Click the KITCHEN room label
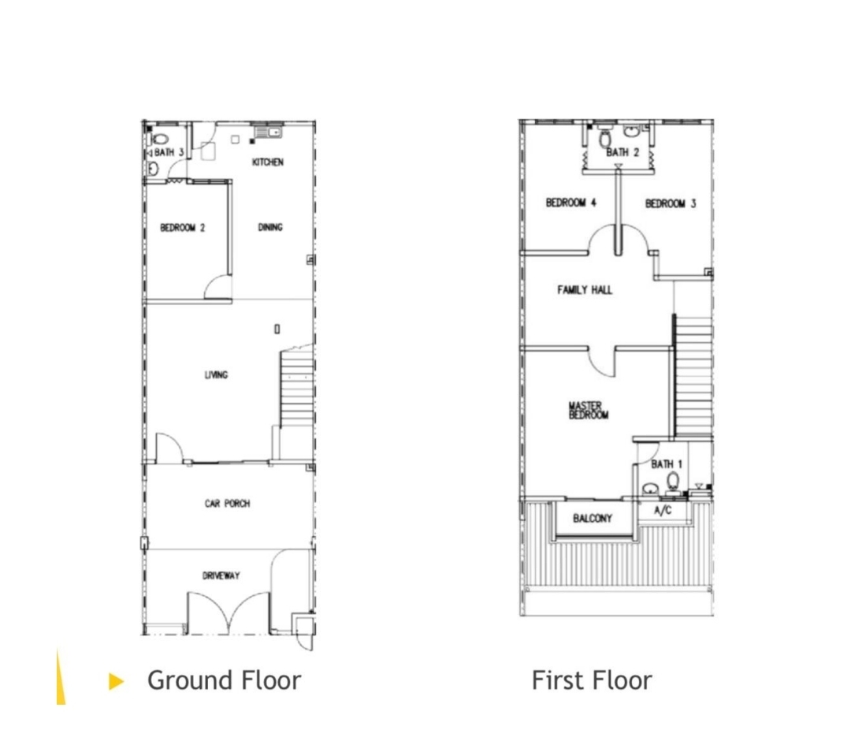click(x=268, y=162)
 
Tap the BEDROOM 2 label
click(x=182, y=228)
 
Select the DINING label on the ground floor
click(x=269, y=227)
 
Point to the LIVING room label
click(x=216, y=374)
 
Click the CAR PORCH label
click(x=228, y=504)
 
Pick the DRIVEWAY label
click(x=221, y=575)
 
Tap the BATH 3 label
click(x=169, y=153)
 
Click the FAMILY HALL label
click(x=585, y=290)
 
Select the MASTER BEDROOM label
click(x=589, y=411)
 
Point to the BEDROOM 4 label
click(x=571, y=203)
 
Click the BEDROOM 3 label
click(x=671, y=203)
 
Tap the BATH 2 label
click(x=622, y=153)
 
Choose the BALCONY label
click(x=592, y=519)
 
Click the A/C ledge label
click(x=663, y=510)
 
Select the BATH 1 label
click(x=667, y=464)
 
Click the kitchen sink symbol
click(x=267, y=132)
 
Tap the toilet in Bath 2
click(x=605, y=138)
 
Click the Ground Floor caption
click(x=224, y=680)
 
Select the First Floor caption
click(x=592, y=680)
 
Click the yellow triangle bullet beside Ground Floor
click(x=116, y=681)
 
